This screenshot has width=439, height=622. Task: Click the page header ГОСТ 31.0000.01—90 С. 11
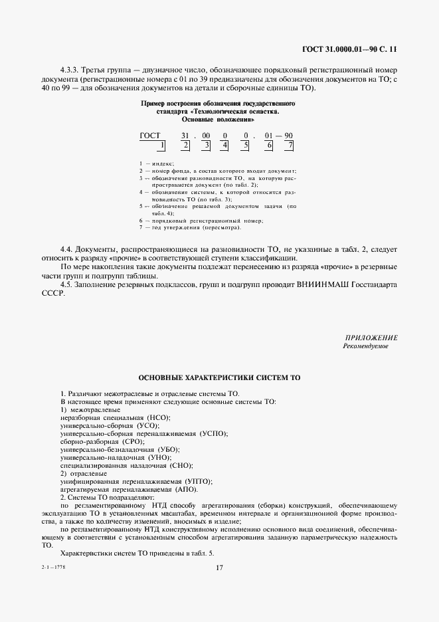coord(349,49)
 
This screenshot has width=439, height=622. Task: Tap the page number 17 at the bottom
coord(219,567)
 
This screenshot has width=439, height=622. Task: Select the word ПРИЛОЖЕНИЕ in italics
coord(371,338)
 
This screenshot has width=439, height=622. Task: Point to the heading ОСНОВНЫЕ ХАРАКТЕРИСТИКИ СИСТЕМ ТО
coord(219,377)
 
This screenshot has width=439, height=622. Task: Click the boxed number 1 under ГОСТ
coord(162,145)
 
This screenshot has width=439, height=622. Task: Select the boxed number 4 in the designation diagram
coord(225,145)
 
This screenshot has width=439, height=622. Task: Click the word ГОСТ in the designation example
coord(151,135)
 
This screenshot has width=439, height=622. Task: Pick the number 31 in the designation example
coord(186,135)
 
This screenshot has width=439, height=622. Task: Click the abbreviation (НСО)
coord(154,417)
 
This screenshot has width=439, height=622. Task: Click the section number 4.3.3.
coord(69,69)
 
